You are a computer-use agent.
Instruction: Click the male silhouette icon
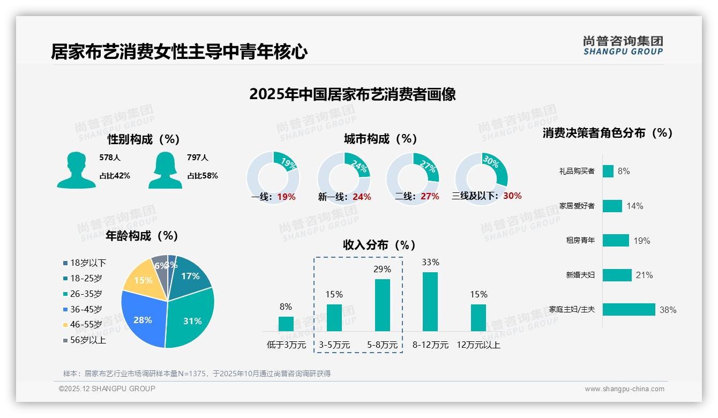(76, 170)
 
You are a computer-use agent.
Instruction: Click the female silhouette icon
(165, 170)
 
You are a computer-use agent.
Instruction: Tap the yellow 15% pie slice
(143, 279)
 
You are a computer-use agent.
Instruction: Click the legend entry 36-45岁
(86, 309)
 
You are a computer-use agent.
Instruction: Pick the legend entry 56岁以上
(88, 340)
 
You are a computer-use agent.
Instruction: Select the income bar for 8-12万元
(430, 302)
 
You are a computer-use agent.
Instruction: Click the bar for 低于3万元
(286, 324)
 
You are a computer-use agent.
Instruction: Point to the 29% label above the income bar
(382, 269)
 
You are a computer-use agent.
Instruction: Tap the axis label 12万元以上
(478, 345)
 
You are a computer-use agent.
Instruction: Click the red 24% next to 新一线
(362, 197)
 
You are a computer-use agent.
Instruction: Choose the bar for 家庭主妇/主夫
(629, 309)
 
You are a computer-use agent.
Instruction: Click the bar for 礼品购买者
(608, 171)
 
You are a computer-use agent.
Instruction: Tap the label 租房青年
(580, 240)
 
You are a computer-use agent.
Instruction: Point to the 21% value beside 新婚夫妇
(644, 275)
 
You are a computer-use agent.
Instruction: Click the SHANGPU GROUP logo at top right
(623, 46)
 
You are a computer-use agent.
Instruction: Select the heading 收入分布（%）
(379, 245)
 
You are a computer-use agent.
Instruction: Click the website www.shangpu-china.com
(624, 389)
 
